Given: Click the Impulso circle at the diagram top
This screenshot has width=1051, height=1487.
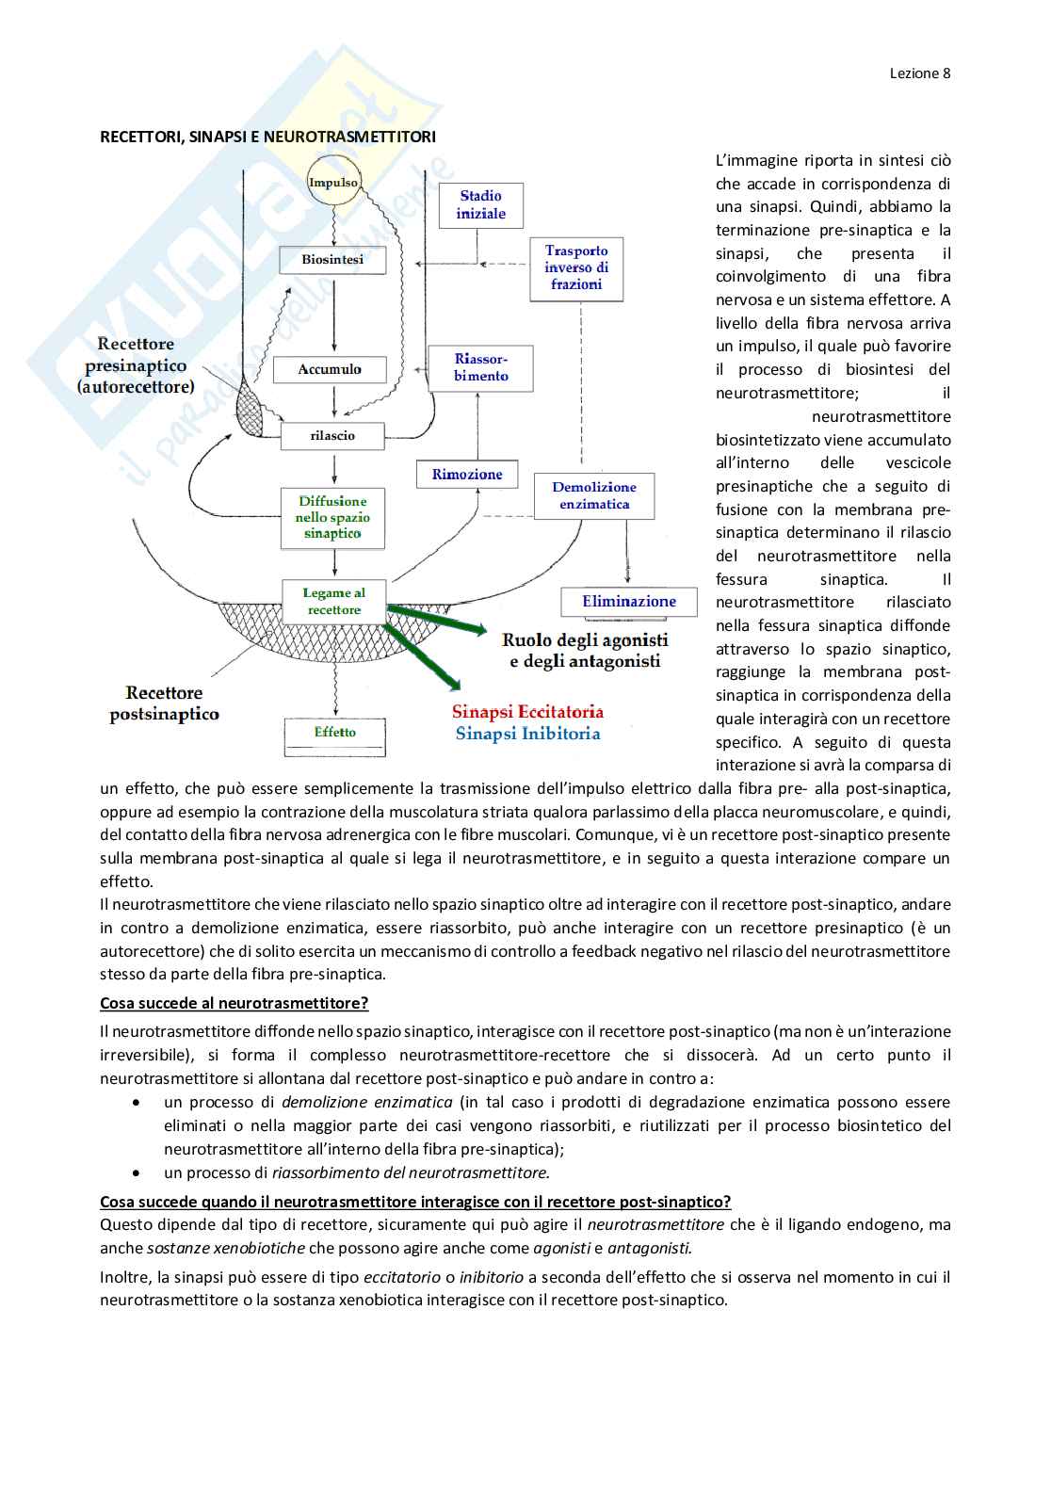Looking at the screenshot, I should pyautogui.click(x=333, y=183).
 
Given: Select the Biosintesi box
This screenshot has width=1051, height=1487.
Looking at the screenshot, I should pyautogui.click(x=332, y=260).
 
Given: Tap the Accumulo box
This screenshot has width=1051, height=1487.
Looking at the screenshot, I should pyautogui.click(x=330, y=369).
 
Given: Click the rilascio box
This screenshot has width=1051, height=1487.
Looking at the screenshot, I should pyautogui.click(x=332, y=436).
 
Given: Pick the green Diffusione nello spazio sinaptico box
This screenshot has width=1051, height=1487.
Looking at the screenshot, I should pyautogui.click(x=332, y=517).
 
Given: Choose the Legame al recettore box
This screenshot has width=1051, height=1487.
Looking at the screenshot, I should pyautogui.click(x=333, y=602).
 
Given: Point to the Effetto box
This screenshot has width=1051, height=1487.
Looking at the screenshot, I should pyautogui.click(x=334, y=733).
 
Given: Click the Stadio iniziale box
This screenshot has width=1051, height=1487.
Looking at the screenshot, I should pyautogui.click(x=481, y=205).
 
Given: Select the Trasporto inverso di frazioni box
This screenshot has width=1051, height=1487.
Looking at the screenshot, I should pyautogui.click(x=576, y=268).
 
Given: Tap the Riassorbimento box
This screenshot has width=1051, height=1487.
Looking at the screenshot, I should pyautogui.click(x=480, y=368).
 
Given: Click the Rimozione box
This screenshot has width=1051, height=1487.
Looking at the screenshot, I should pyautogui.click(x=467, y=475).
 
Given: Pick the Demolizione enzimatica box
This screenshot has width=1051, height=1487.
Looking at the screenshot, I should pyautogui.click(x=594, y=496).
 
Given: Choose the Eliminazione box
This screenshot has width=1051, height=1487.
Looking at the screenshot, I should pyautogui.click(x=629, y=602).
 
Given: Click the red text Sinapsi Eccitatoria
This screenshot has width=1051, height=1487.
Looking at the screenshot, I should pyautogui.click(x=527, y=712).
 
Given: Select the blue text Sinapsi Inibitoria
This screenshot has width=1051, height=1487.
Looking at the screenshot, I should pyautogui.click(x=527, y=734).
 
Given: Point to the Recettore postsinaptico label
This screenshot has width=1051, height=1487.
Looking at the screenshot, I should pyautogui.click(x=164, y=703).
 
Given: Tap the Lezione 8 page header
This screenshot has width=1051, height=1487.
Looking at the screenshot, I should pyautogui.click(x=920, y=73).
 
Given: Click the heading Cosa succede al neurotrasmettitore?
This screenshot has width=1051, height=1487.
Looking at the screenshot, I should pyautogui.click(x=234, y=1003).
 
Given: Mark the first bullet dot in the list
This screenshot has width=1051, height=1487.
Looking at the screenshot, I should pyautogui.click(x=137, y=1102).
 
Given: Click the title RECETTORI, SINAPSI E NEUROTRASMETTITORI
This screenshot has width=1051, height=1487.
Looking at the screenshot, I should pyautogui.click(x=268, y=137).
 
